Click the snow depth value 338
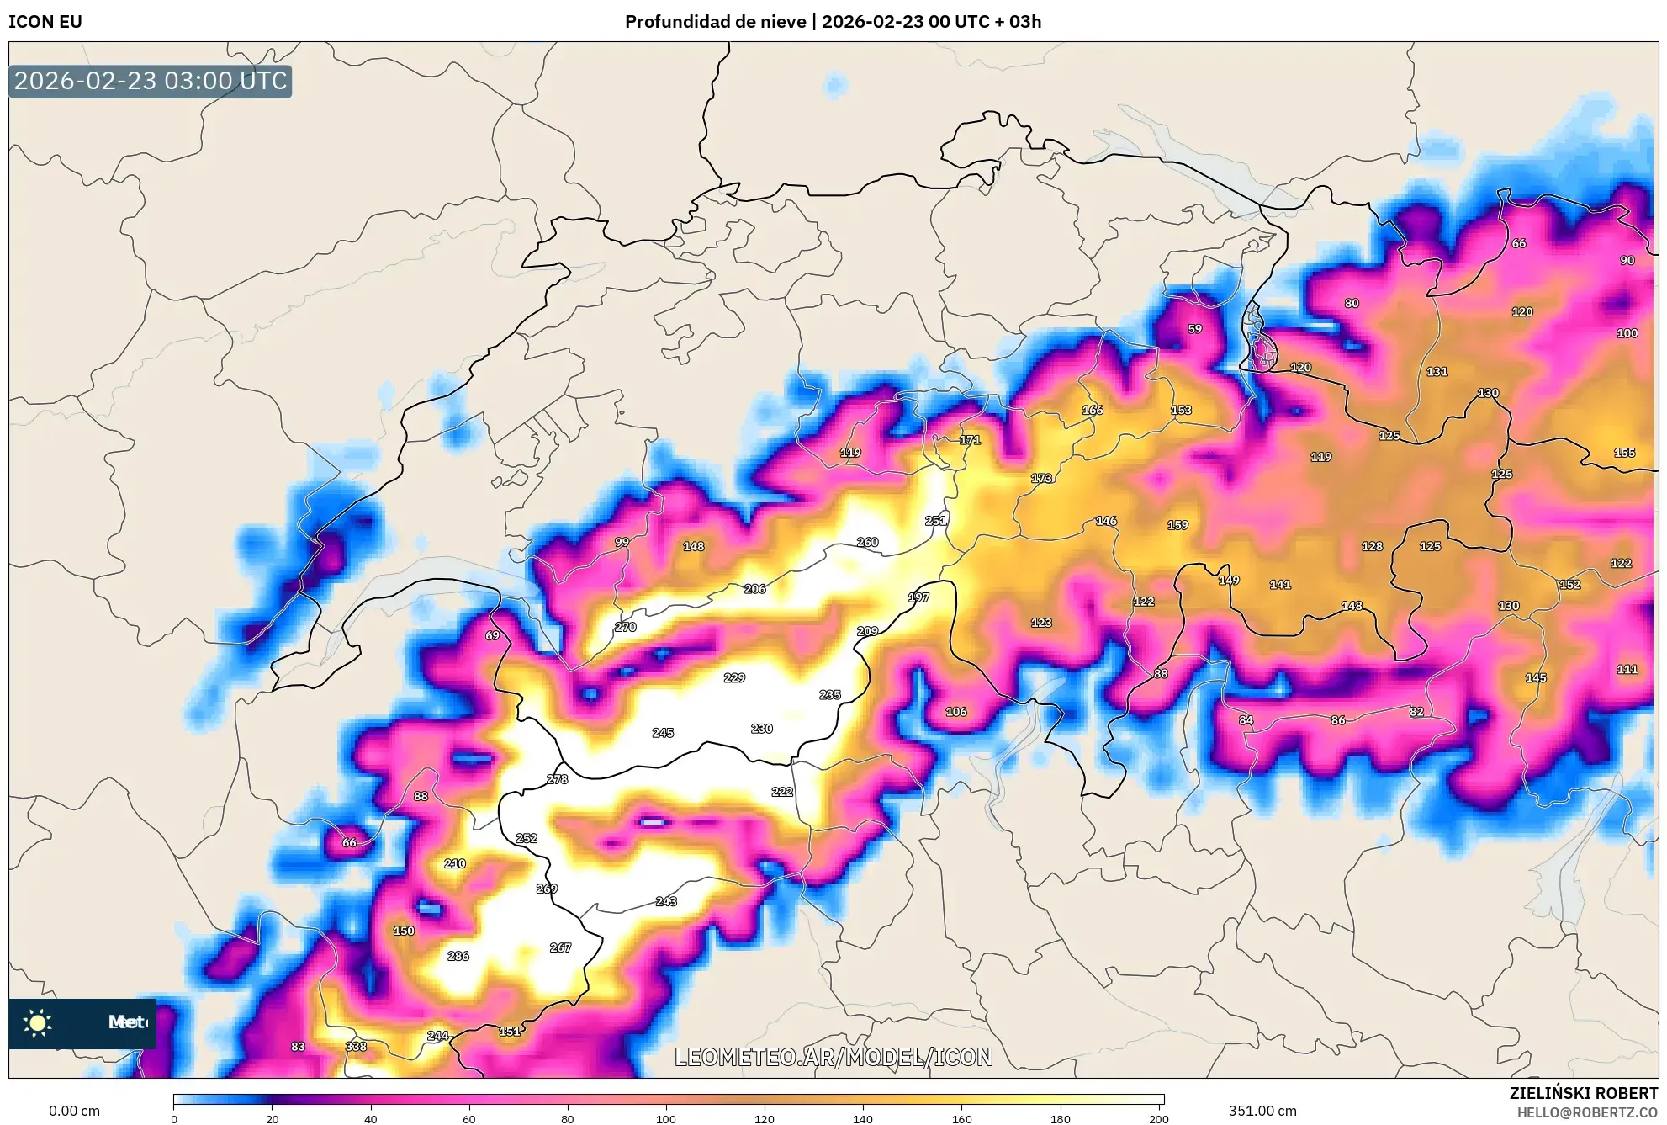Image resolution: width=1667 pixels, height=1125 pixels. [x=356, y=1046]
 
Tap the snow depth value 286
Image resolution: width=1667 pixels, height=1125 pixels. [x=458, y=956]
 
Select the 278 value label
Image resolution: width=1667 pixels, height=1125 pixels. [x=557, y=779]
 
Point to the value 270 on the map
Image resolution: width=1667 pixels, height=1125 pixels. [x=626, y=627]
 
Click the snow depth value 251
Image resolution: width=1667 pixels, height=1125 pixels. [x=935, y=521]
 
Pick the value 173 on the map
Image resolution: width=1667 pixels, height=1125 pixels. [x=1041, y=478]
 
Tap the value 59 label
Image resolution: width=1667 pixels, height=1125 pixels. [x=1195, y=329]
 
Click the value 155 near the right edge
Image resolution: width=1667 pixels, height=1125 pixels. [x=1624, y=453]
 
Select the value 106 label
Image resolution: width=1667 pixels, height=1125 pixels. [x=956, y=712]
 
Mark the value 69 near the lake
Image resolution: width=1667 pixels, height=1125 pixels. [x=492, y=635]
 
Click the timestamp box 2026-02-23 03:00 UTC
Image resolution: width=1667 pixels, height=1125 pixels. [x=151, y=81]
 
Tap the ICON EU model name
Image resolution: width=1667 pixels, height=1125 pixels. [x=45, y=22]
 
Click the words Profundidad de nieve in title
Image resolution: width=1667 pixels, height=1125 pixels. [x=715, y=22]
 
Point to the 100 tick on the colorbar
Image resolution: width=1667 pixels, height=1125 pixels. [x=666, y=1119]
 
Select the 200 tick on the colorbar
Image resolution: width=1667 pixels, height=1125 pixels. [x=1158, y=1119]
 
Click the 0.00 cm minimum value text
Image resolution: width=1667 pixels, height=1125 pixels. [x=74, y=1111]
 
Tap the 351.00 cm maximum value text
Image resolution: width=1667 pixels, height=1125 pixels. [x=1262, y=1111]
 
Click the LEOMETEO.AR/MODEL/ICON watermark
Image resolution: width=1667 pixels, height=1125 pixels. [x=833, y=1057]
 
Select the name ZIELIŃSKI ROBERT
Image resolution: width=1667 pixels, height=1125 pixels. [x=1583, y=1093]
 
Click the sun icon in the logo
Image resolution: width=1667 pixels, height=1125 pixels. [x=38, y=1022]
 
